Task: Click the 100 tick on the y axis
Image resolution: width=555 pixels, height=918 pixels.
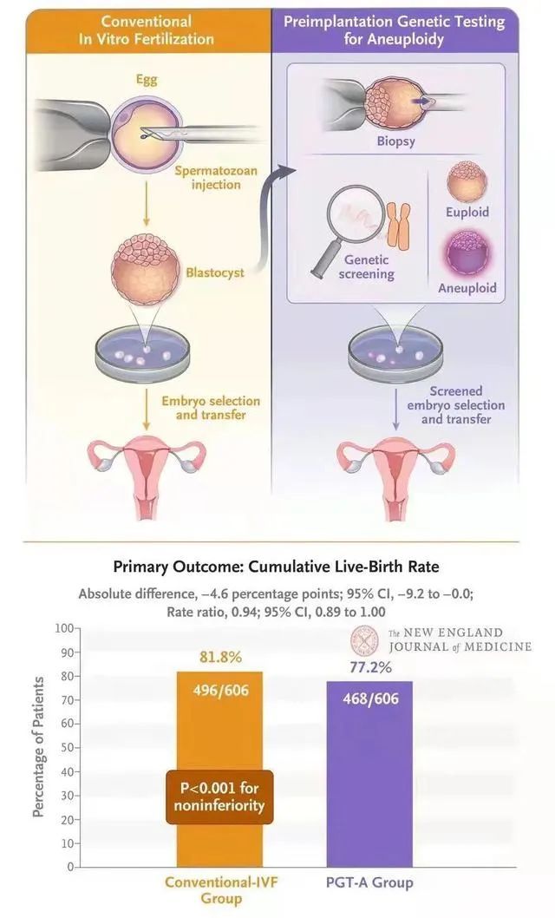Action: tap(63, 627)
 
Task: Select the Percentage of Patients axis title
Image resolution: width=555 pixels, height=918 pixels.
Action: tap(38, 748)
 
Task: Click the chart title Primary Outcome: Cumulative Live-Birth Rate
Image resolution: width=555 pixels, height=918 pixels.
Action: tap(277, 567)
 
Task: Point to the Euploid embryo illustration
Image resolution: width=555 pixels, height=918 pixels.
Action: tap(467, 181)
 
